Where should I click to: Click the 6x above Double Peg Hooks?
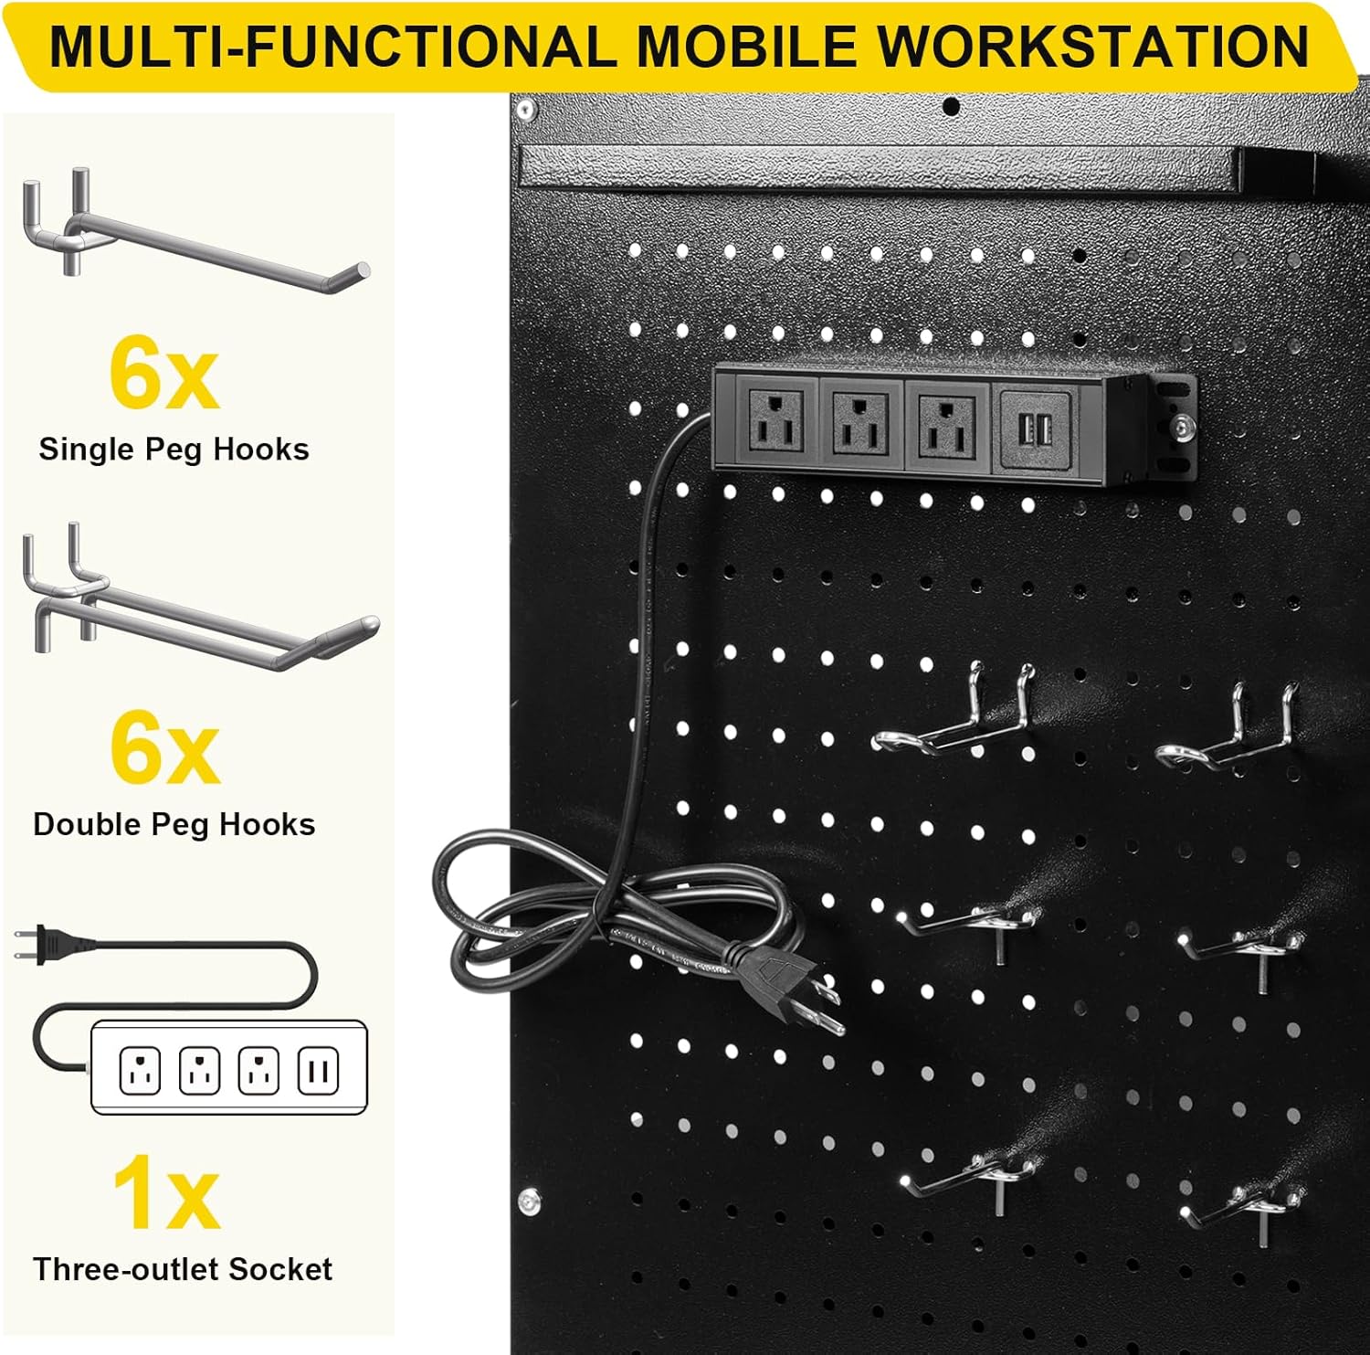click(164, 746)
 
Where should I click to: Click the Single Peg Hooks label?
click(174, 450)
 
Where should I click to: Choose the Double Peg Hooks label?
click(174, 824)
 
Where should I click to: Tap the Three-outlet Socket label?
click(183, 1269)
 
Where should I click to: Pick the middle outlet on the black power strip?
click(860, 422)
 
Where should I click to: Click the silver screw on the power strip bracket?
click(1185, 426)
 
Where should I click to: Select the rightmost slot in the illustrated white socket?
click(318, 1071)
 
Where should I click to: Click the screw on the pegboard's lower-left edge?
click(529, 1201)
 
